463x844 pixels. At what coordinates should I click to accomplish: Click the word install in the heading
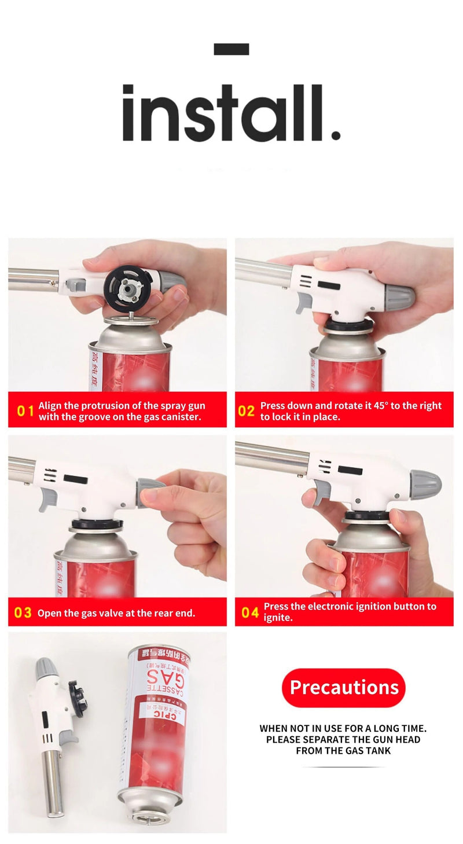coord(230,113)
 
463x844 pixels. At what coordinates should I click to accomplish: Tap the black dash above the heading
coord(231,49)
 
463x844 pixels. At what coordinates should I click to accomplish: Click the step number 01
coord(25,411)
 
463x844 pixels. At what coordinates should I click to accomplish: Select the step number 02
coord(246,411)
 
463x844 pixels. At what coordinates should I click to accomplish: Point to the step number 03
coord(23,612)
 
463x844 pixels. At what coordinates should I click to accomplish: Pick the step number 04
coord(250,612)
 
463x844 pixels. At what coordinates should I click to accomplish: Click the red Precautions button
coord(344,687)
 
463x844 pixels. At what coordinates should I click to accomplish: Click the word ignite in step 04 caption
coord(278,618)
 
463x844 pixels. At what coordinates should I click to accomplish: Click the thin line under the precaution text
coord(344,767)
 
